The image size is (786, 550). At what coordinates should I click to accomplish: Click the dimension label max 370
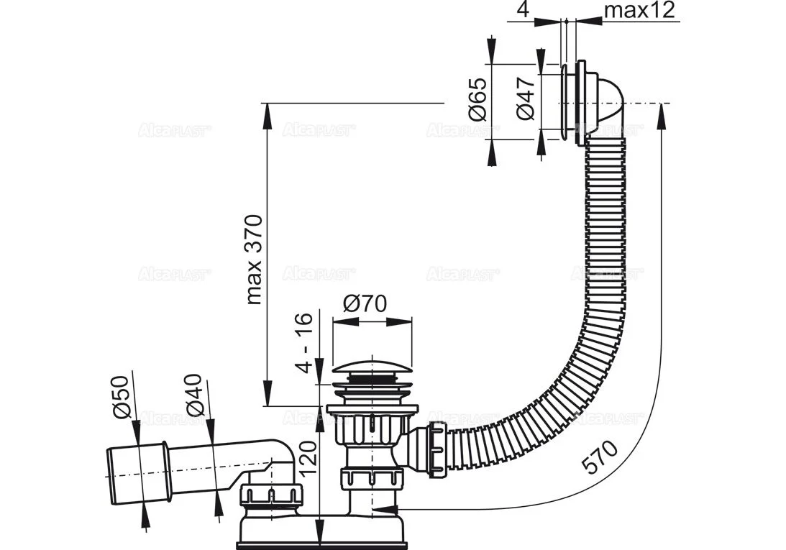coord(254,258)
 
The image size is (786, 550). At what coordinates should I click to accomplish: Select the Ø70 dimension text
coord(364,303)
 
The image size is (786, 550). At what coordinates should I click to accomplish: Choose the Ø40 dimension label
coord(195,397)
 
